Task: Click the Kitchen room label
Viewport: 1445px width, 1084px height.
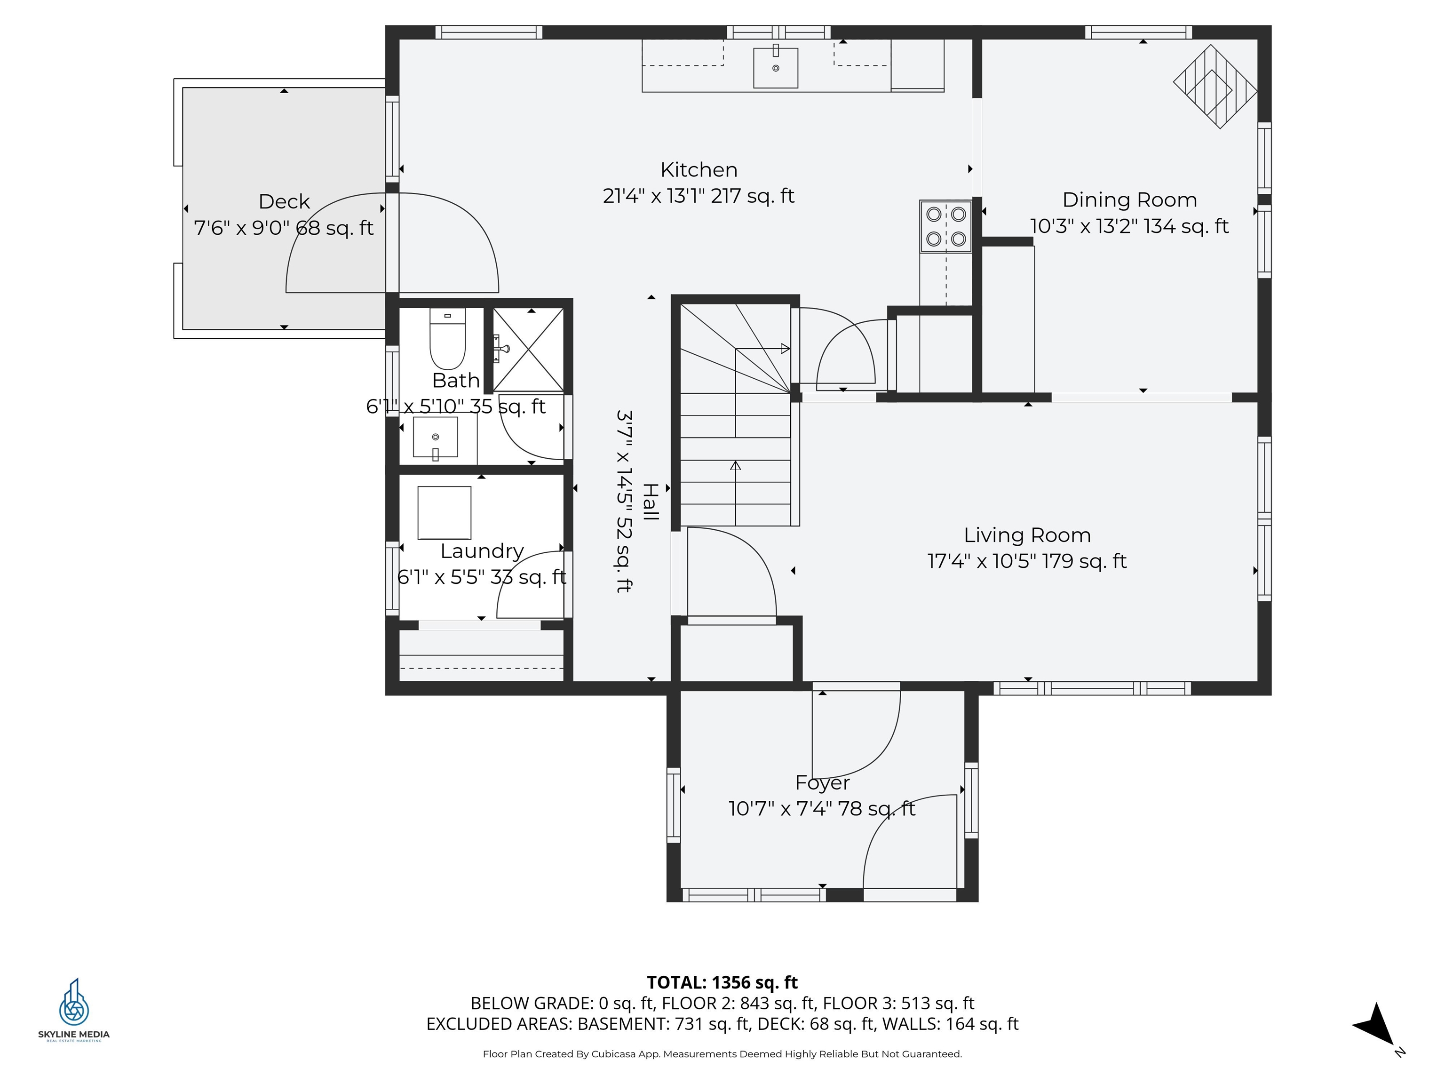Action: (x=699, y=170)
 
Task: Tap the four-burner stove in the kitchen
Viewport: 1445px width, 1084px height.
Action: (x=945, y=226)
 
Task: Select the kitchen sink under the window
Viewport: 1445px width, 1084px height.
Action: (x=775, y=67)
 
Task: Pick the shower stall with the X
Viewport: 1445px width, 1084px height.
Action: (x=528, y=350)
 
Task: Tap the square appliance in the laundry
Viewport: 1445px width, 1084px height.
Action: (x=444, y=512)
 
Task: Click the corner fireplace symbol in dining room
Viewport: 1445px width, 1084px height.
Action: (x=1215, y=86)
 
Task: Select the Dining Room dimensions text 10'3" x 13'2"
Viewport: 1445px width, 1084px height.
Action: (x=1129, y=226)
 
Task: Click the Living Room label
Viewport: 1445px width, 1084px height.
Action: (x=1027, y=535)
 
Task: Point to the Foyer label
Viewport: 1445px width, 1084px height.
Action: (x=822, y=782)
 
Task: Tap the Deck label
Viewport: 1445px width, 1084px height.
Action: (x=284, y=201)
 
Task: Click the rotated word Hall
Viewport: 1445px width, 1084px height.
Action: (x=651, y=502)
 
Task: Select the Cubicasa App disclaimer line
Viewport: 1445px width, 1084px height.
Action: (x=722, y=1054)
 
